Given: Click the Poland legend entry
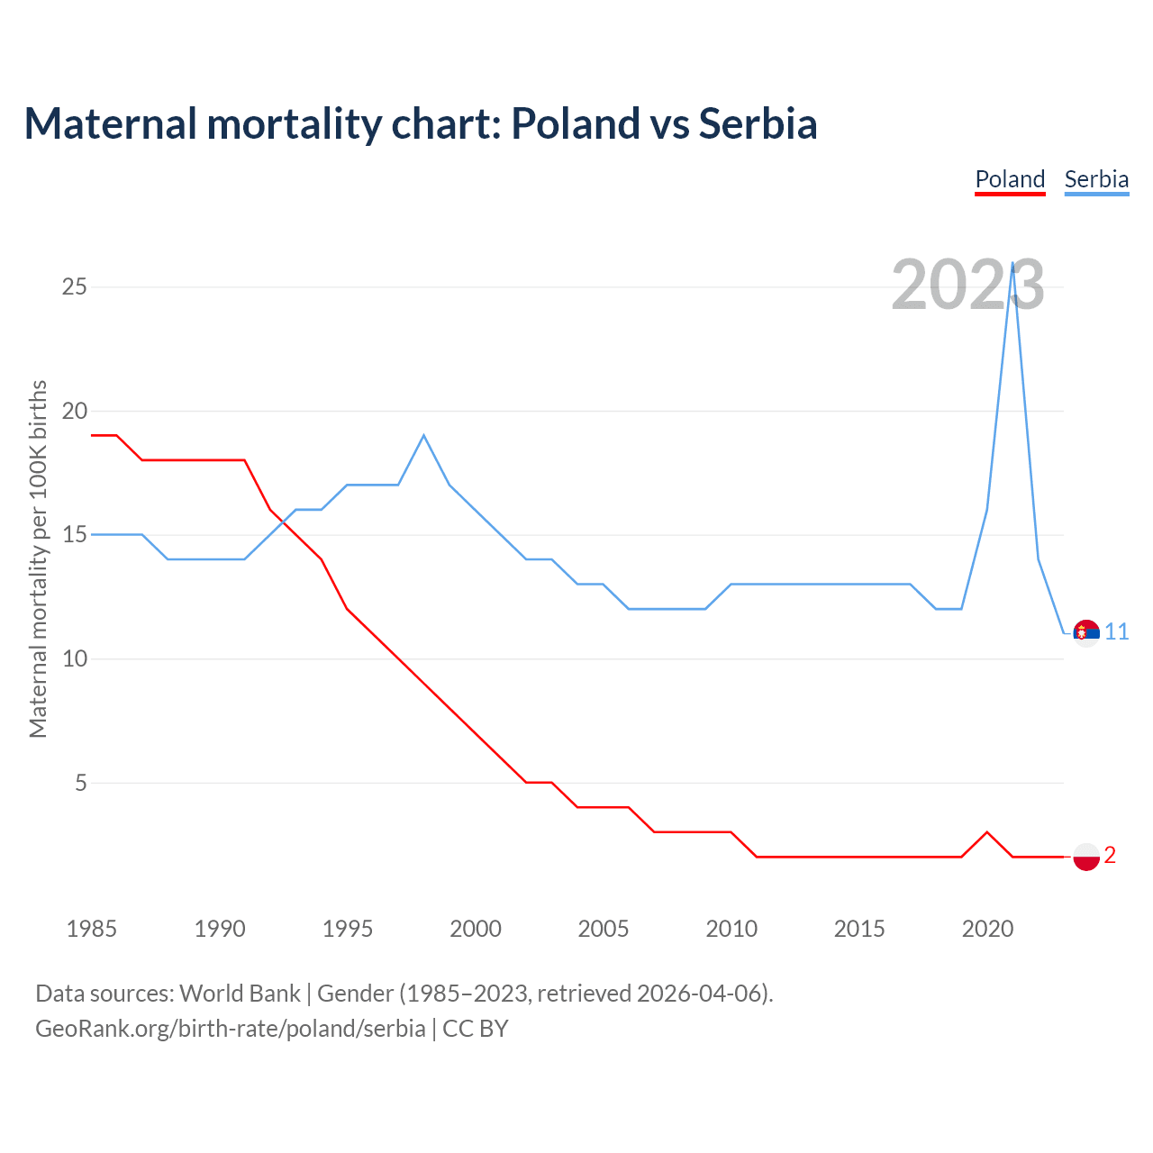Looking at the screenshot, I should [1010, 179].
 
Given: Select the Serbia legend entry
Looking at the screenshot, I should [1096, 179].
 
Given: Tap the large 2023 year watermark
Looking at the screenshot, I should [967, 285].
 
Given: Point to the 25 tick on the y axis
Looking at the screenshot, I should [74, 286].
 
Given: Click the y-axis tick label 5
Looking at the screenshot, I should [81, 783].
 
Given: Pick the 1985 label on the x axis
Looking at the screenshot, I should [91, 929].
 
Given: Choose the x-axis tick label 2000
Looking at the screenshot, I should [476, 929].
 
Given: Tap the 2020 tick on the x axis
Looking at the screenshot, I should [987, 929].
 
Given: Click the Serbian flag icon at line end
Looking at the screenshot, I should [1086, 633].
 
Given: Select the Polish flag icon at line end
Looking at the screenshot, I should [1086, 857].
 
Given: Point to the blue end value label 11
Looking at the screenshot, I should [1117, 632].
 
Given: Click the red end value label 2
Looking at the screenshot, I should [1110, 856].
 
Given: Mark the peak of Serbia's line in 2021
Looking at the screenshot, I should [1013, 263].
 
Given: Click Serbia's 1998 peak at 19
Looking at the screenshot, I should [423, 435].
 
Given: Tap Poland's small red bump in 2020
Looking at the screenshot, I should [987, 832].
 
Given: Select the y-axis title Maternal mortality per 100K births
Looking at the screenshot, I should [38, 558].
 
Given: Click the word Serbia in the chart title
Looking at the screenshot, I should [758, 123].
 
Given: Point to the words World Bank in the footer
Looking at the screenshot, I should [240, 994].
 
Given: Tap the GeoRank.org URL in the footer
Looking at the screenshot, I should [230, 1029].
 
